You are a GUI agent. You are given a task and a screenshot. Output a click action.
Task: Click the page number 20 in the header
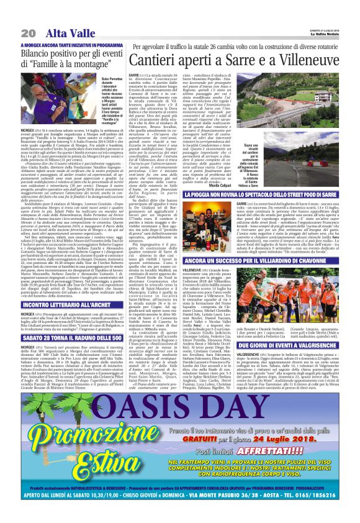click(29, 34)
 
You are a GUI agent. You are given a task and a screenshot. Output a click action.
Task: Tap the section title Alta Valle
click(61, 34)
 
